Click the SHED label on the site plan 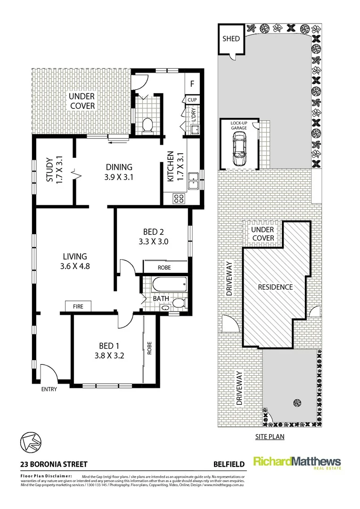231,39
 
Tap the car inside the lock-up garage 239,148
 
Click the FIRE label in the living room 78,307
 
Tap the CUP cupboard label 192,100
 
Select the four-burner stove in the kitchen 179,198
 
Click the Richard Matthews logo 297,463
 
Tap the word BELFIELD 229,464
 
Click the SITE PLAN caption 270,436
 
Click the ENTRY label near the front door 49,389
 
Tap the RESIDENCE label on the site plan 275,287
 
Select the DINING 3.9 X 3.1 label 119,172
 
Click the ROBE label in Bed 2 164,268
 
